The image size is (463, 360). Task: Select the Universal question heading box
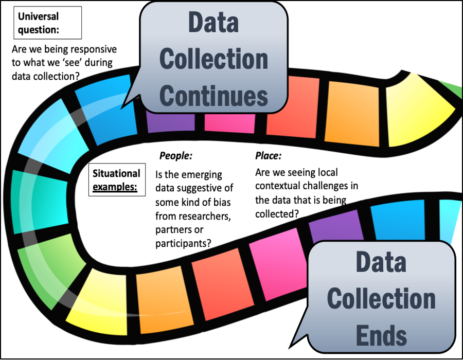pyautogui.click(x=46, y=23)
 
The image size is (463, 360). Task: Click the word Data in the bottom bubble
pyautogui.click(x=381, y=263)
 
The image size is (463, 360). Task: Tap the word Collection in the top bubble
pyautogui.click(x=213, y=59)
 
